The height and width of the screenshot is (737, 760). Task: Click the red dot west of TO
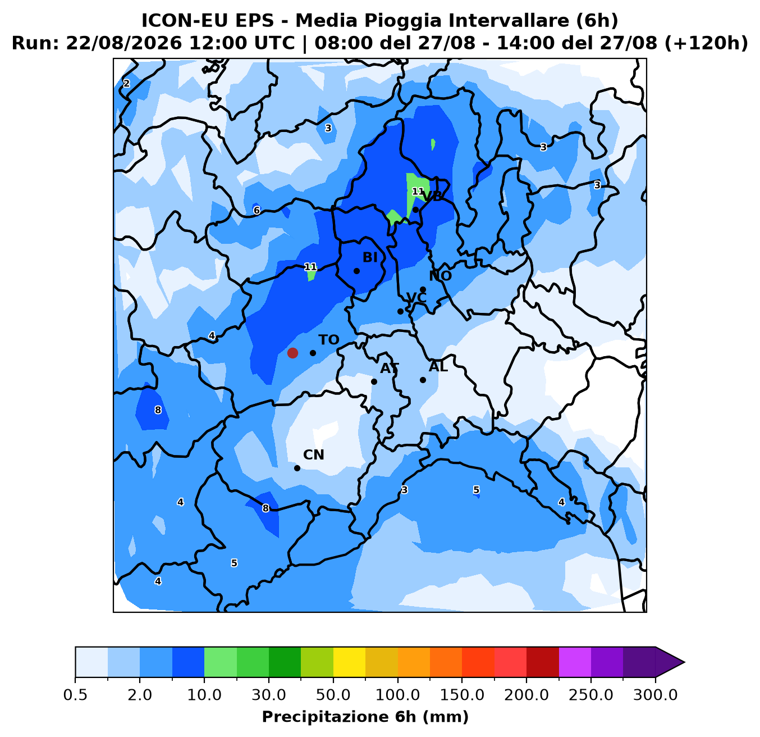point(292,353)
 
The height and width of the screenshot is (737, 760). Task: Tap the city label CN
point(314,455)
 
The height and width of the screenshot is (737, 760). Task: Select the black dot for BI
point(356,271)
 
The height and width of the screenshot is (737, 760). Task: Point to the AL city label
point(438,367)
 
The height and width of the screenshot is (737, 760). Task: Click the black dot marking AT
point(374,381)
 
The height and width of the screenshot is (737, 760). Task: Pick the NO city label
point(441,276)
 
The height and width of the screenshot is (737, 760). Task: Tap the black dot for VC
point(400,311)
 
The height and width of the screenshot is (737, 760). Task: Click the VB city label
point(432,197)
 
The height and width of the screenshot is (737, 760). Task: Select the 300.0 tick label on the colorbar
point(655,695)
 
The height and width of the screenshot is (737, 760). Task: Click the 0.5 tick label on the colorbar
point(75,695)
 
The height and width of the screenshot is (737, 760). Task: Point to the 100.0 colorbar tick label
point(397,695)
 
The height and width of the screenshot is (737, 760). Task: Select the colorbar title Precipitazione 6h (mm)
point(365,717)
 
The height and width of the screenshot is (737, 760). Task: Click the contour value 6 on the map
point(257,210)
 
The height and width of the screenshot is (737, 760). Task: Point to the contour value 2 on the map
point(126,83)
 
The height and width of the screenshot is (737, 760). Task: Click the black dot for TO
point(313,353)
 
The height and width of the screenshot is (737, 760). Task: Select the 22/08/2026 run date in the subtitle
point(124,43)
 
